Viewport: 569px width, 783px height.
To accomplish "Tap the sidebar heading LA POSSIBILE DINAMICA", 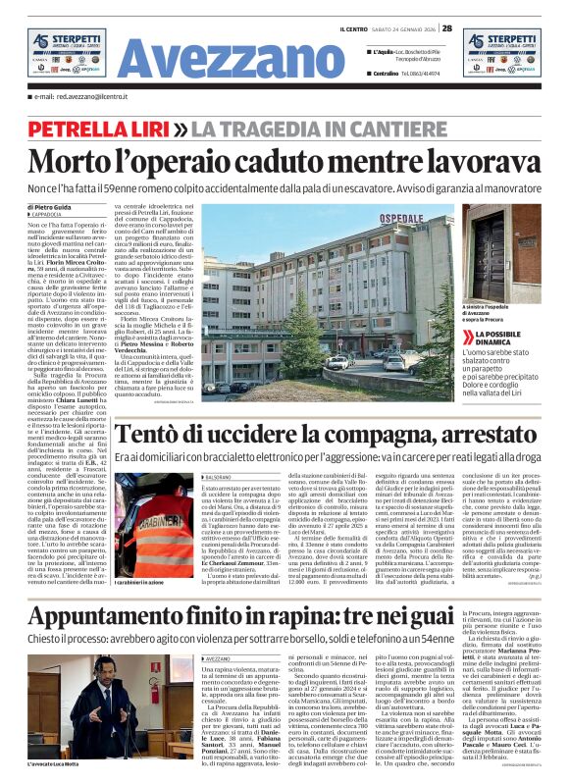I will pyautogui.click(x=500, y=339).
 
